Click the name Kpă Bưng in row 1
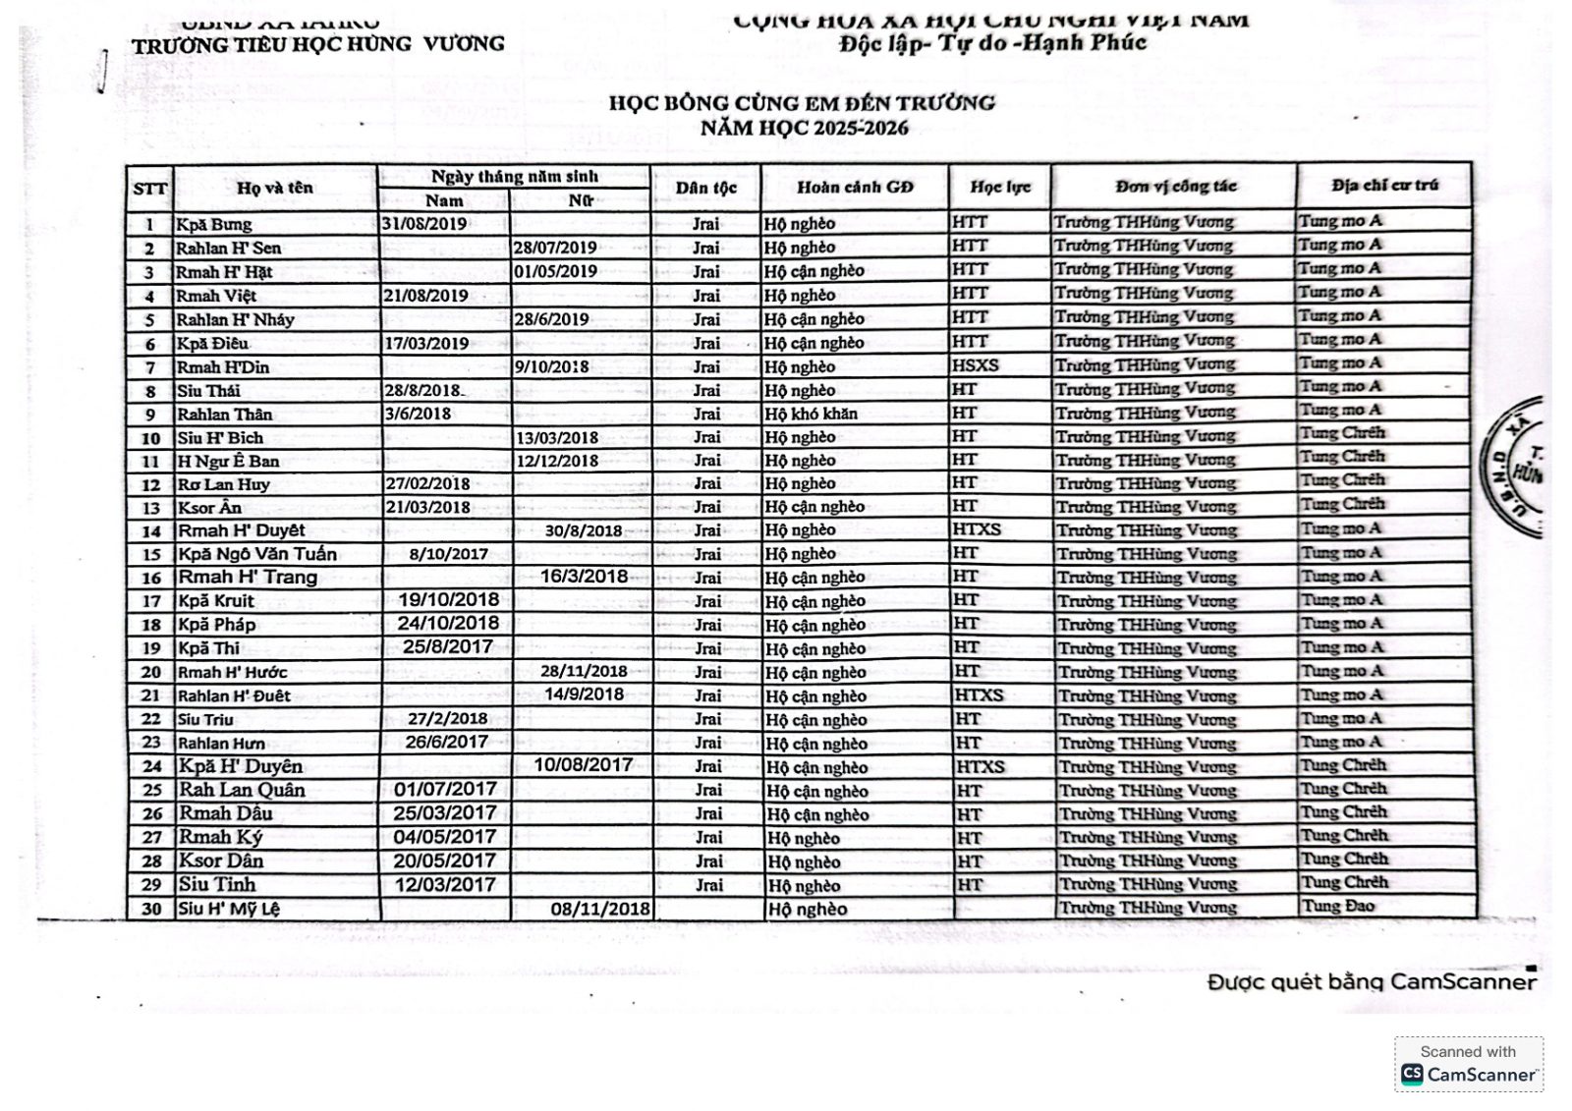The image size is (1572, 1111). click(x=213, y=224)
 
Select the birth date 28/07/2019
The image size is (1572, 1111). click(x=554, y=248)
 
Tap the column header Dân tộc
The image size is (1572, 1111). click(x=705, y=188)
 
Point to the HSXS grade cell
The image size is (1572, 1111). click(x=975, y=364)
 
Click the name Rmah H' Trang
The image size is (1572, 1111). click(x=248, y=578)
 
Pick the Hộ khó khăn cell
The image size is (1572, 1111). click(x=811, y=414)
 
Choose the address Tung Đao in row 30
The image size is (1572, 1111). click(x=1337, y=906)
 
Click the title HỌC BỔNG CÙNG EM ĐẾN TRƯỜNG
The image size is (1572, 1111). click(x=802, y=102)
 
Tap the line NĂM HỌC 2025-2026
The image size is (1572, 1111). click(x=804, y=128)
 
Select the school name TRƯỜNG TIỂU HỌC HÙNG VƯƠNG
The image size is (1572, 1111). click(x=318, y=44)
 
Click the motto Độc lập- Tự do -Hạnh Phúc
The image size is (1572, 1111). click(x=992, y=43)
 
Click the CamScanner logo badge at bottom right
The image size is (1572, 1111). click(x=1469, y=1064)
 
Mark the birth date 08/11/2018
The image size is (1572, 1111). click(x=600, y=909)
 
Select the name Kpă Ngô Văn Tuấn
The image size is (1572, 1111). click(x=256, y=554)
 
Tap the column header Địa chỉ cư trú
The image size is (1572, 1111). click(x=1384, y=185)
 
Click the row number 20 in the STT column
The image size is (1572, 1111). click(x=150, y=672)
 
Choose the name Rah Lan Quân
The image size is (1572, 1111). click(x=242, y=790)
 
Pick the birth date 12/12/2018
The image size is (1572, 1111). click(x=556, y=460)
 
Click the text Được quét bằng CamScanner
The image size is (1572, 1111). click(x=1372, y=981)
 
